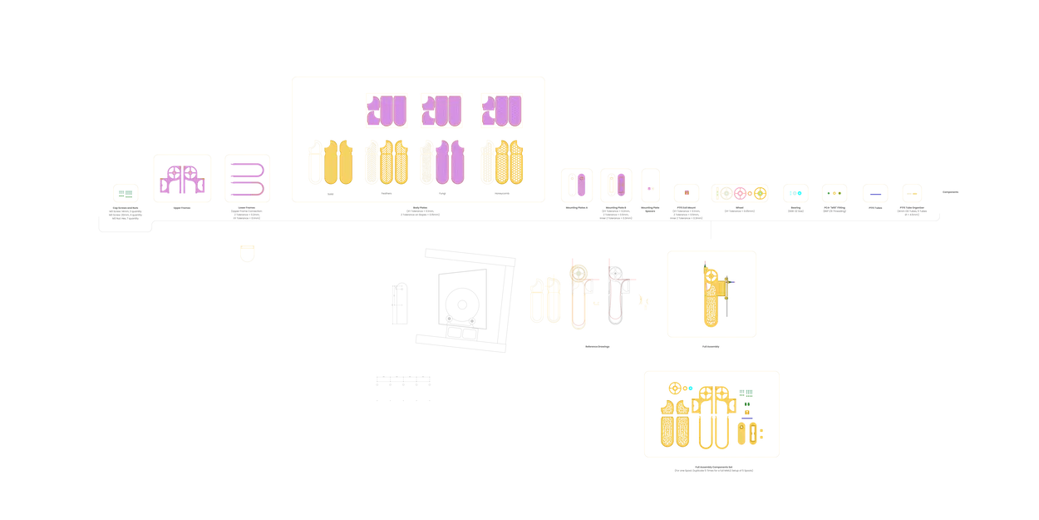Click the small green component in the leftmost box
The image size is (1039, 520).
pos(126,195)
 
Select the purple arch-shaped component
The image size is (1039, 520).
pos(181,179)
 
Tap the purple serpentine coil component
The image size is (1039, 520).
pos(248,179)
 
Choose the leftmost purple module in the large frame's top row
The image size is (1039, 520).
pos(387,111)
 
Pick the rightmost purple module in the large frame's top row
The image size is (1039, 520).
pos(501,111)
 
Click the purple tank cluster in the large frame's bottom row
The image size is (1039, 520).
pos(443,163)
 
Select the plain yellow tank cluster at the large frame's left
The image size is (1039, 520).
pos(331,163)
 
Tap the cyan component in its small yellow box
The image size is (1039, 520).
pos(795,194)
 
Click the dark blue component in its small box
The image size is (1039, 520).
pos(874,194)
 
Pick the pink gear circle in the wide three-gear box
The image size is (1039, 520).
pos(741,193)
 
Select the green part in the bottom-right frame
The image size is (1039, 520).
pos(746,393)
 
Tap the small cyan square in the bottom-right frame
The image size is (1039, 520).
pos(691,389)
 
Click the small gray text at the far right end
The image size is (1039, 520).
pos(950,192)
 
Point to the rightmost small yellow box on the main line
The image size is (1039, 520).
pos(912,194)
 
